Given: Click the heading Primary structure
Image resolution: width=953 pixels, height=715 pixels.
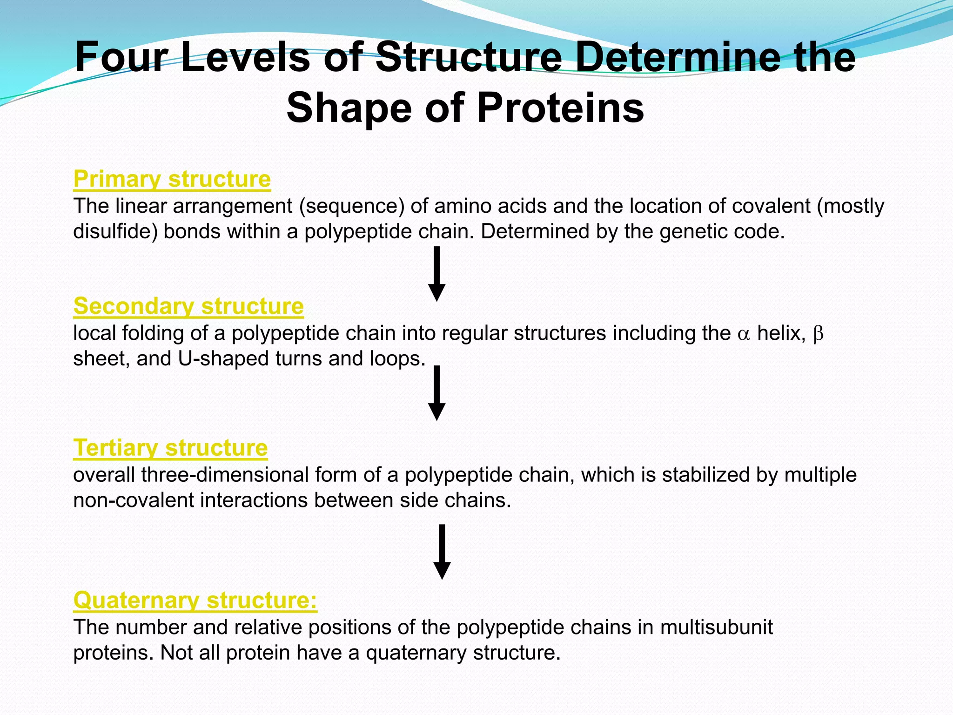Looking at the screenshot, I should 172,179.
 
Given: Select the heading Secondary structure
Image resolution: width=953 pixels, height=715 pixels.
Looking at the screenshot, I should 188,306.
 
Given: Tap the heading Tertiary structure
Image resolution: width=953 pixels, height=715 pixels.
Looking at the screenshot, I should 170,448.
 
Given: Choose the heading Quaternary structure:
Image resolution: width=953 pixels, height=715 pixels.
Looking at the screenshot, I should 195,600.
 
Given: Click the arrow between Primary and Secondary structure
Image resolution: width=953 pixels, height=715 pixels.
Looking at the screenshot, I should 436,274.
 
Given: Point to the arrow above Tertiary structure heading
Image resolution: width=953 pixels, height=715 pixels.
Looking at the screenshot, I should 436,393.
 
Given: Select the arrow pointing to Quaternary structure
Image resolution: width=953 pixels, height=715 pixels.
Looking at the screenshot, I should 442,552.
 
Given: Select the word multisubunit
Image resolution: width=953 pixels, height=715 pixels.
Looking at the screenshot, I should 716,627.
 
